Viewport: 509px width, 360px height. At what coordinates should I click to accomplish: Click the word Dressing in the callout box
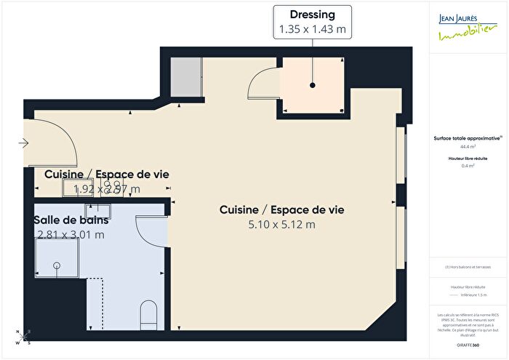click(312, 15)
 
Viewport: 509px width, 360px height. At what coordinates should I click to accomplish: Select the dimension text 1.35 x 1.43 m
click(312, 29)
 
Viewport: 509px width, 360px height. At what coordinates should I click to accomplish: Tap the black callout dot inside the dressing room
click(312, 85)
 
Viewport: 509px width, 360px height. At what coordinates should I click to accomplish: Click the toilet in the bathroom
click(149, 313)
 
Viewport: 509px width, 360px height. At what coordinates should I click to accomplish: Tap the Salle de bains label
click(71, 220)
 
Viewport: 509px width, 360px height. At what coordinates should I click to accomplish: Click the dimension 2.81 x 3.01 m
click(71, 234)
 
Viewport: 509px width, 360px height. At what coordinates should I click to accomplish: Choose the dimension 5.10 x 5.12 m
click(281, 225)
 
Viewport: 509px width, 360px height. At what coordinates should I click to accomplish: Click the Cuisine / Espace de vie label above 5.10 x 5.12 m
click(281, 209)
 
